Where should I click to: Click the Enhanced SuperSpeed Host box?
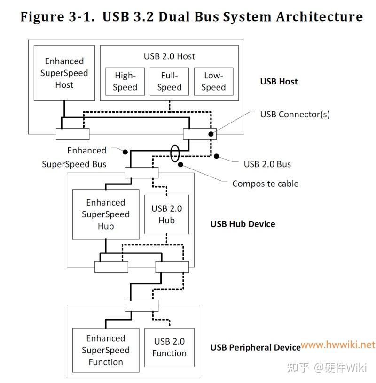click(x=64, y=73)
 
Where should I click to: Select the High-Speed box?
click(x=125, y=82)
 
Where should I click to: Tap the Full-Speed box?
click(x=170, y=82)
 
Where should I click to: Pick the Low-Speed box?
click(x=213, y=82)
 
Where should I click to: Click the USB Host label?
click(x=279, y=81)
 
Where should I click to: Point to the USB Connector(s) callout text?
click(x=295, y=114)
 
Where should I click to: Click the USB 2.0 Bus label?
click(x=267, y=164)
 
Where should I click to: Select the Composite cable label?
click(x=265, y=184)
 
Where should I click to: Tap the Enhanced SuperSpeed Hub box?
click(x=106, y=214)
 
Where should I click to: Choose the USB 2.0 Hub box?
click(x=166, y=214)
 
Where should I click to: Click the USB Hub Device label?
click(x=243, y=224)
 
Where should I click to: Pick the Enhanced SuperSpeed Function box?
click(x=106, y=350)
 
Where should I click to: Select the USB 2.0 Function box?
click(x=170, y=347)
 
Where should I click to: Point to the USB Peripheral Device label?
click(x=255, y=348)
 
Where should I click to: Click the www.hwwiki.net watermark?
click(x=338, y=345)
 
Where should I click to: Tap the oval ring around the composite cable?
click(x=174, y=153)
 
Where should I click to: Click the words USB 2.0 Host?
click(x=169, y=56)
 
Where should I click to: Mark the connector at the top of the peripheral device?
click(x=142, y=306)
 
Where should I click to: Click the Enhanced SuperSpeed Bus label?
click(x=74, y=157)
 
